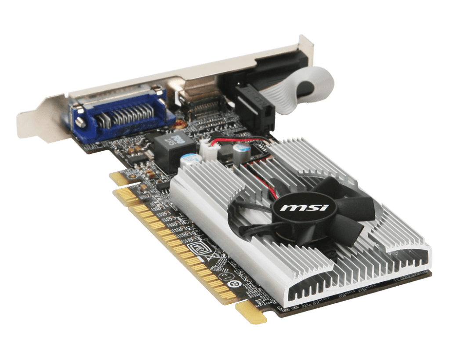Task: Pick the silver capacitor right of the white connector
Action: point(242,152)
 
